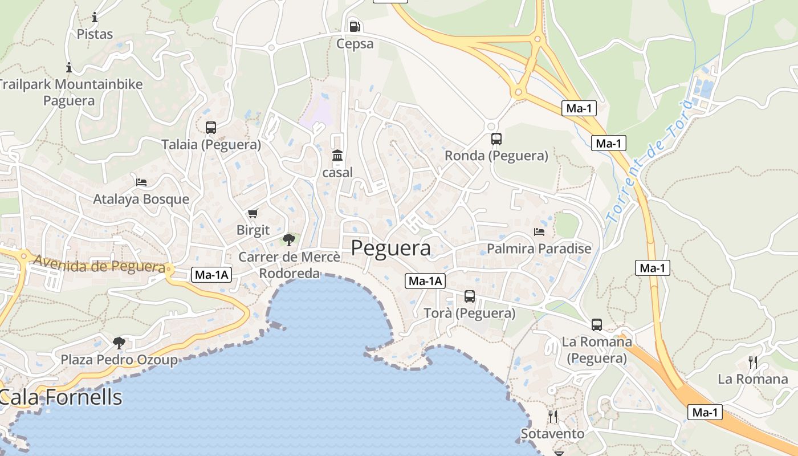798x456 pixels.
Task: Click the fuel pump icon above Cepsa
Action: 355,26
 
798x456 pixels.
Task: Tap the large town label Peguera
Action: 390,249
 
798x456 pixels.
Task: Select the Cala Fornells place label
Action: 61,397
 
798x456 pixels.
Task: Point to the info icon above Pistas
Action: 95,17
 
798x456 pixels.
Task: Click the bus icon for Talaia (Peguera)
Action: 211,128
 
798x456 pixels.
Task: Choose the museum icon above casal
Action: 337,155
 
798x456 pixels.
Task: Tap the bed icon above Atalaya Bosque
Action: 141,182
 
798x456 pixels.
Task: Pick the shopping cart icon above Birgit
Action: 253,214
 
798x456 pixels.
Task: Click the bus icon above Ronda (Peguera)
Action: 496,139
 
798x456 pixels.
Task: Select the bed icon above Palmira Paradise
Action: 539,231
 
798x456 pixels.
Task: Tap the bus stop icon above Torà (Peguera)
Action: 469,296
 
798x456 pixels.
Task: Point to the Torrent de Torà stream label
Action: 648,162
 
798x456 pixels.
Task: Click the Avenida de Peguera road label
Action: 99,264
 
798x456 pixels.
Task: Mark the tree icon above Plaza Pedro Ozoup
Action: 119,343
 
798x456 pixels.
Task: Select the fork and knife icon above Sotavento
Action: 552,416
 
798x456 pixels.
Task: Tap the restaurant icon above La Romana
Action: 752,362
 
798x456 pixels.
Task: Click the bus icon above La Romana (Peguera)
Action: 596,325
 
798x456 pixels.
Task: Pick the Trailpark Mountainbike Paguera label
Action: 70,92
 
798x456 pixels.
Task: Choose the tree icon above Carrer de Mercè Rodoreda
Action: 288,239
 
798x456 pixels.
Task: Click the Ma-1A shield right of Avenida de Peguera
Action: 211,275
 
